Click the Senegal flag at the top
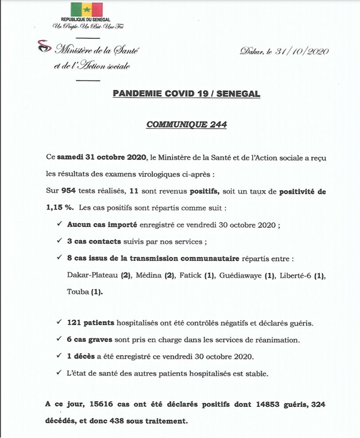coord(86,10)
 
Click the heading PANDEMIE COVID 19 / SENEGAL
coord(186,94)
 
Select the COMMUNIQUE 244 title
coord(186,125)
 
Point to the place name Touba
coord(76,291)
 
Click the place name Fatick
coord(191,275)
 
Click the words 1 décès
coord(82,356)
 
